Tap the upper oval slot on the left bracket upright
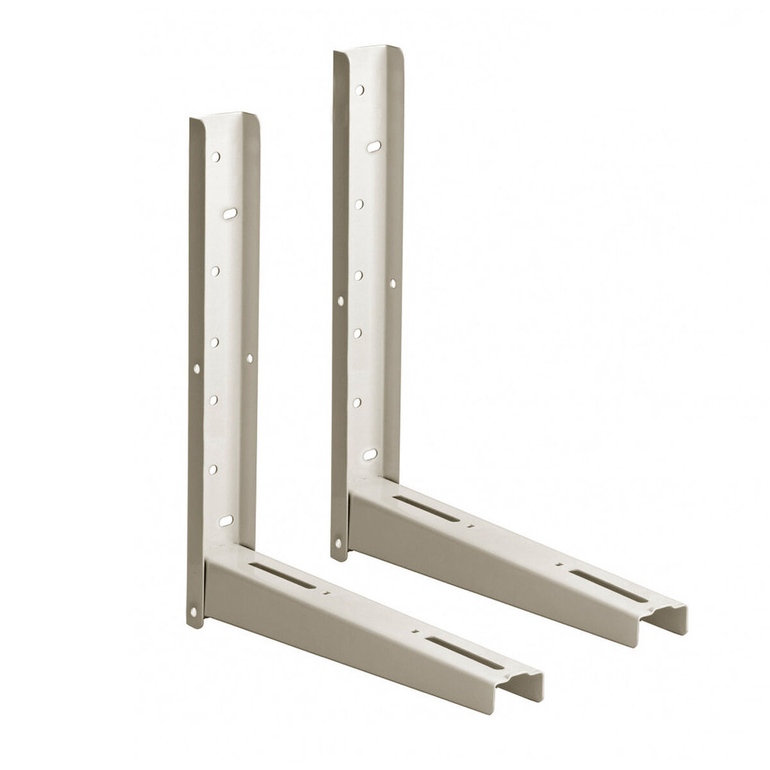click(229, 212)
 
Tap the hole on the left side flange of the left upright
click(197, 368)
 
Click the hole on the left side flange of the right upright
click(340, 300)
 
